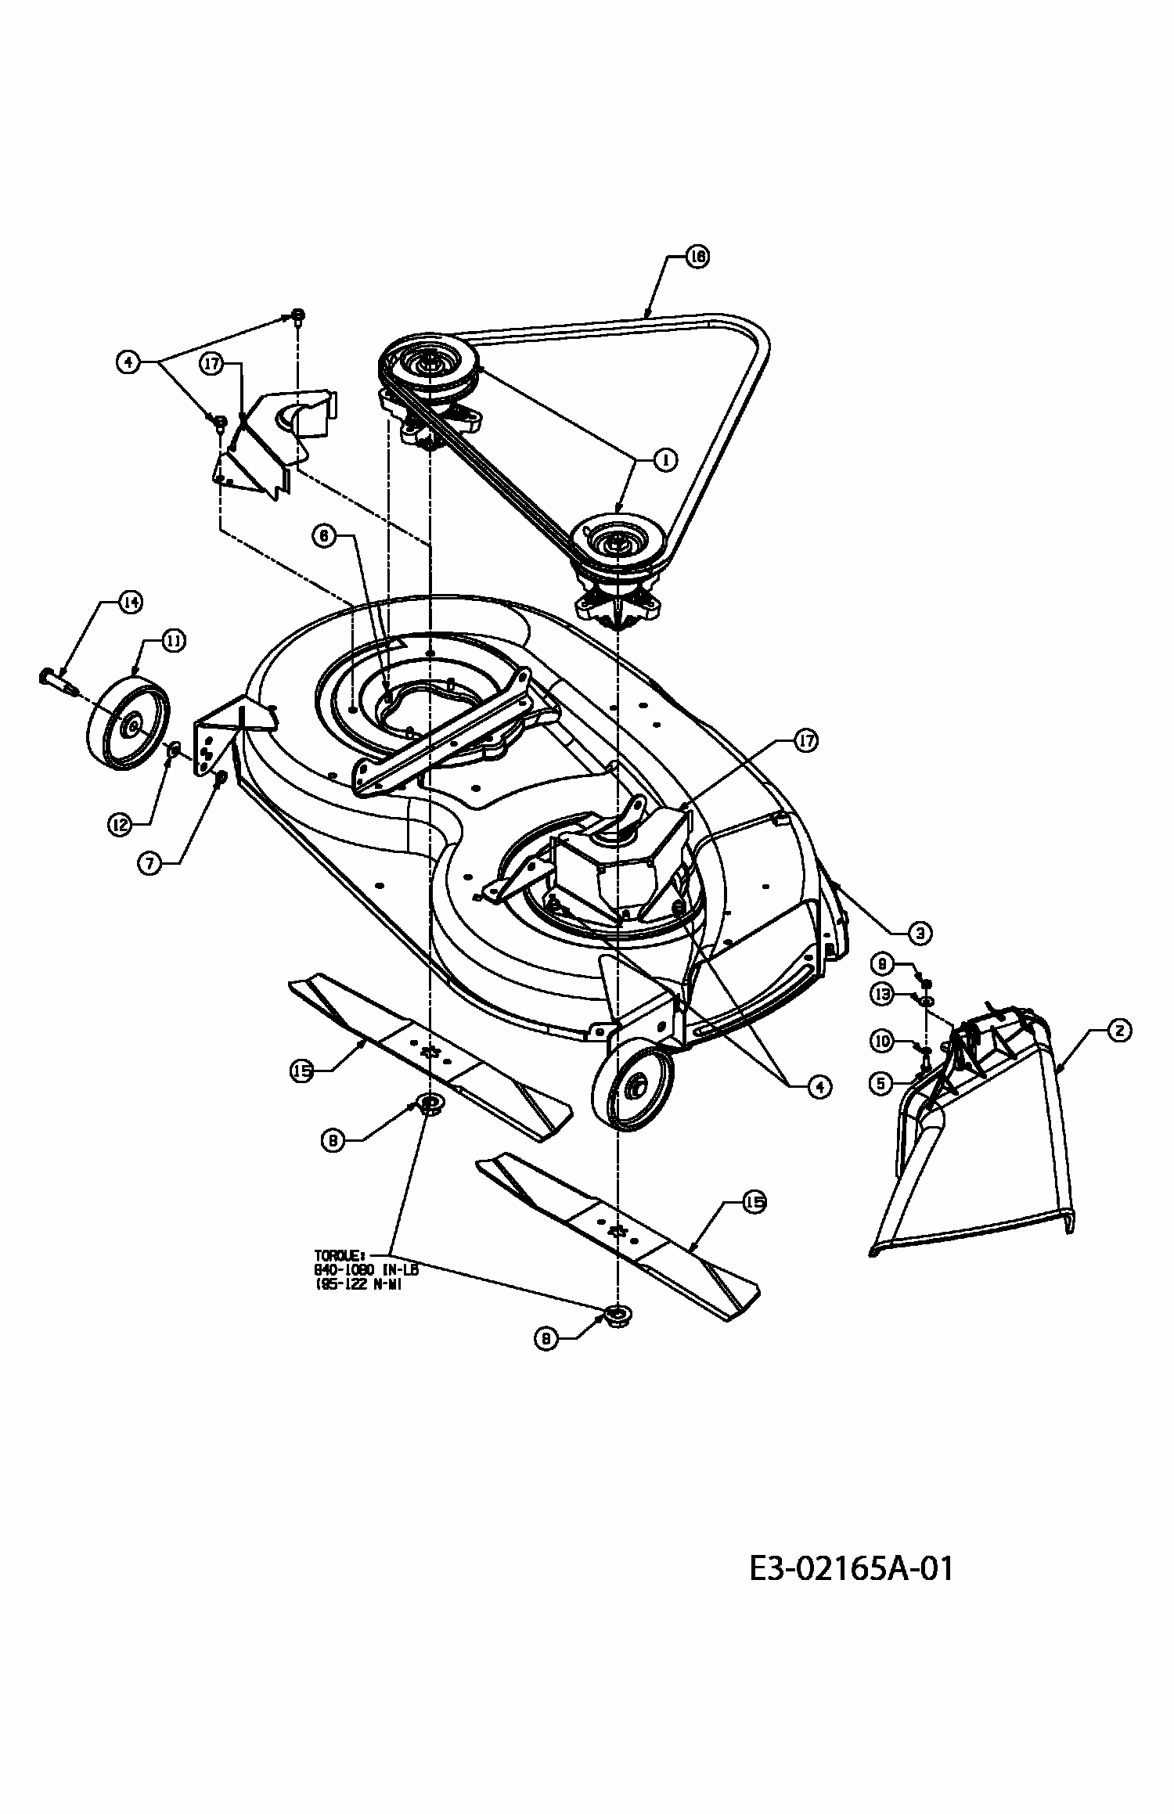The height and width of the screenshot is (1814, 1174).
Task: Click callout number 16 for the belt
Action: tap(697, 256)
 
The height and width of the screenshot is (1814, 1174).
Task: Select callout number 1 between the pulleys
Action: tap(664, 460)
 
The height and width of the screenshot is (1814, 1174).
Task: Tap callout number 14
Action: tap(130, 602)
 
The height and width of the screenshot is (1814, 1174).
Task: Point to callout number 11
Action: tap(173, 640)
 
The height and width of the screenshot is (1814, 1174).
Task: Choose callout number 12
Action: tap(119, 825)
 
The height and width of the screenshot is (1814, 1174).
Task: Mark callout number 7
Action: tap(149, 862)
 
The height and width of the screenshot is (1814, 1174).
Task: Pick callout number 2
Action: tap(1118, 1031)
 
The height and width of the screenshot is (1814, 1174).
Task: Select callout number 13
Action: tap(882, 994)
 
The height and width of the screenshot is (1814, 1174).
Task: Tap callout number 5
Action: tap(881, 1083)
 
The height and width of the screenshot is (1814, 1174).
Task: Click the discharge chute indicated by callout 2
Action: tap(978, 1135)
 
